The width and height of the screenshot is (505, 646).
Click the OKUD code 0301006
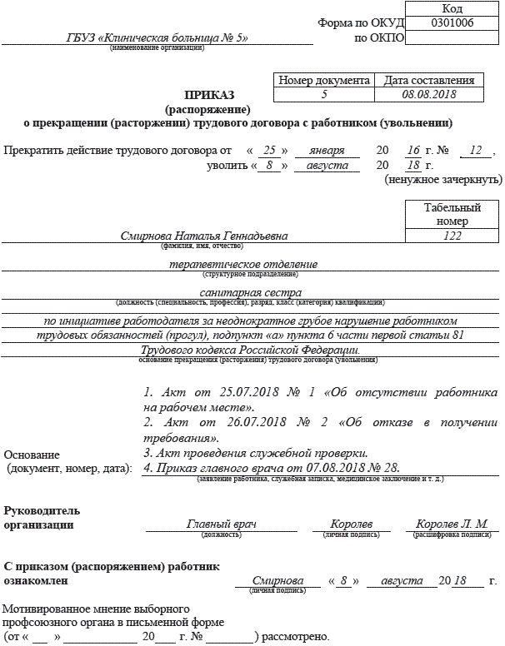(x=453, y=22)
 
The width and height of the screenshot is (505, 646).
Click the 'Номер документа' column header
(x=323, y=81)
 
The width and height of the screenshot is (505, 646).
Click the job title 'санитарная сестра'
(x=248, y=292)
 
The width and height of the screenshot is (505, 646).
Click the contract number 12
(x=476, y=151)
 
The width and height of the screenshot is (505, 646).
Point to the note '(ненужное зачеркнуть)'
(x=442, y=179)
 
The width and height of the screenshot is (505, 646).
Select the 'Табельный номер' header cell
(x=452, y=214)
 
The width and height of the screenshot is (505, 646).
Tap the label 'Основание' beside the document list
(x=32, y=455)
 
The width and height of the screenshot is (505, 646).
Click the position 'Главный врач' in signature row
(x=221, y=524)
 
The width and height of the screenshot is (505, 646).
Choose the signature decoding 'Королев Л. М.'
(x=452, y=524)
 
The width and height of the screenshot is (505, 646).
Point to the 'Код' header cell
(x=453, y=7)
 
